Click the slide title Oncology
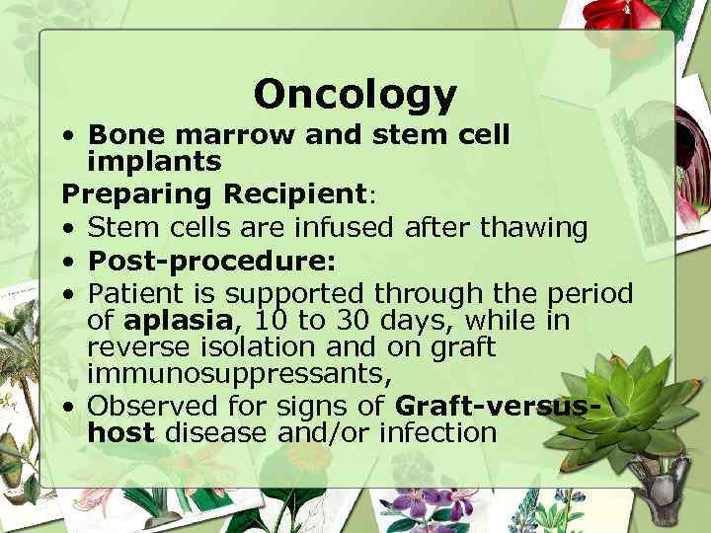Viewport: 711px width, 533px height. pyautogui.click(x=355, y=95)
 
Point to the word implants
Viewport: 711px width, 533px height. pyautogui.click(x=153, y=160)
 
